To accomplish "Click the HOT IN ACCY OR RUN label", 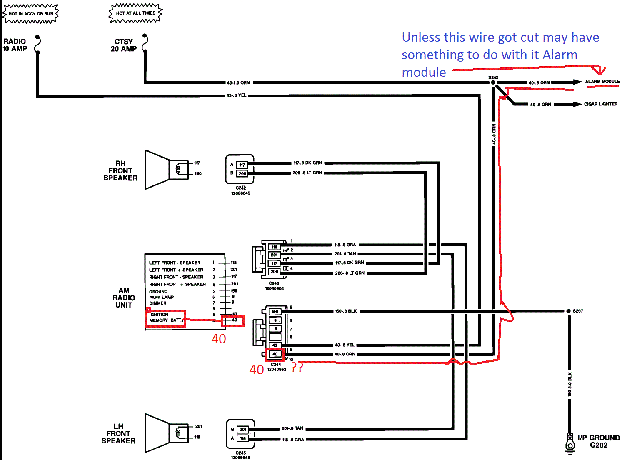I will coord(31,13).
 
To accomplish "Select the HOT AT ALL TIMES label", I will coord(135,13).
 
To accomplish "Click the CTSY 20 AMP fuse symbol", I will coord(145,44).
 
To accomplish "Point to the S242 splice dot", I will coord(493,82).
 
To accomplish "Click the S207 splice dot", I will coord(568,311).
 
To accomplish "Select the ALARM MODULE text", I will coord(602,82).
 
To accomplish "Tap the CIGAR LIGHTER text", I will coord(600,104).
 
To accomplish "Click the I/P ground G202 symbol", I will coord(570,442).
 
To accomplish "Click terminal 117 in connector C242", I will coord(242,165).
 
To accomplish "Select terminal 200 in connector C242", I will coord(242,173).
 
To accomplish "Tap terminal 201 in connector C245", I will coord(243,429).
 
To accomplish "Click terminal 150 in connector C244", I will coord(275,311).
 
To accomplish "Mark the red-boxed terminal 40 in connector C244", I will coord(275,354).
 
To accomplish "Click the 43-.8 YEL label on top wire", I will coord(236,95).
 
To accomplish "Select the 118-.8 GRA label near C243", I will coord(345,245).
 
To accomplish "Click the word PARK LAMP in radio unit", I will coord(162,297).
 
